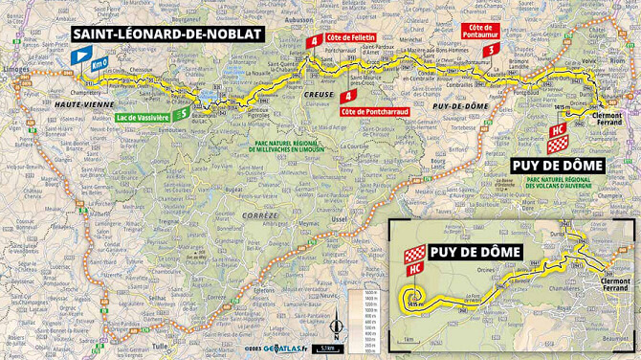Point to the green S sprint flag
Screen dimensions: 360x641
tap(182, 114)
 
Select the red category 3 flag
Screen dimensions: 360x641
tap(491, 50)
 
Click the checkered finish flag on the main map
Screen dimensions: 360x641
tap(556, 144)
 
